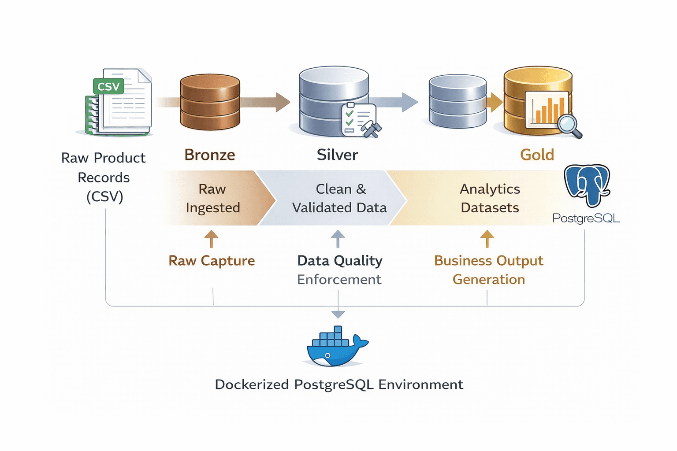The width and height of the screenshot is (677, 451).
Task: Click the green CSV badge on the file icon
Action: pyautogui.click(x=108, y=86)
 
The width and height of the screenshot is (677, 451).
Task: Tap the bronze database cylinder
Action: pyautogui.click(x=210, y=102)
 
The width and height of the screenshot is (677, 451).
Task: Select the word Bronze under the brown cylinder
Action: pyautogui.click(x=210, y=155)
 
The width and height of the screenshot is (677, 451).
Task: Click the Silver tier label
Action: pyautogui.click(x=337, y=155)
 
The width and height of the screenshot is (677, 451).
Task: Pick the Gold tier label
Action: pyautogui.click(x=537, y=155)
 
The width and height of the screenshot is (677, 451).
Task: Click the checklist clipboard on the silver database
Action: pyautogui.click(x=359, y=119)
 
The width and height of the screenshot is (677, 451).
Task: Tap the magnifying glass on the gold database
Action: pyautogui.click(x=569, y=125)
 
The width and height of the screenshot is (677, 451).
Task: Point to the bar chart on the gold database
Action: pyautogui.click(x=547, y=109)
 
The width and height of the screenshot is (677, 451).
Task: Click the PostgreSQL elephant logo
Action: pyautogui.click(x=588, y=185)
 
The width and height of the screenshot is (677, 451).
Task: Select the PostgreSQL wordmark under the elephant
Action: pyautogui.click(x=586, y=218)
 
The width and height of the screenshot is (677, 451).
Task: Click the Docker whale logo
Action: pyautogui.click(x=337, y=347)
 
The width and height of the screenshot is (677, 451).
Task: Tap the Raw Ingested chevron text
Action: pyautogui.click(x=213, y=198)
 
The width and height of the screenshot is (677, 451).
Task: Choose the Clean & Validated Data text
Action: pyautogui.click(x=339, y=198)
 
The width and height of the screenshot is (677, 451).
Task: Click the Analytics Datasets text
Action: pyautogui.click(x=490, y=198)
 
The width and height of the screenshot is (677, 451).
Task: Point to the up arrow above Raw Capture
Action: pyautogui.click(x=212, y=239)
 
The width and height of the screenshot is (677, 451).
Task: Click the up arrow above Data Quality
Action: pyautogui.click(x=338, y=239)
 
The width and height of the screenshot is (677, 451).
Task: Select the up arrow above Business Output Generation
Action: pyautogui.click(x=487, y=239)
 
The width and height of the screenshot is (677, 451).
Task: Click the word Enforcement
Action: pyautogui.click(x=339, y=280)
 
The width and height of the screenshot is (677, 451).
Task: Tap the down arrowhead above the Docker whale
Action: pyautogui.click(x=338, y=314)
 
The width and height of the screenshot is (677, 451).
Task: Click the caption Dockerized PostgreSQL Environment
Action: pyautogui.click(x=339, y=384)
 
